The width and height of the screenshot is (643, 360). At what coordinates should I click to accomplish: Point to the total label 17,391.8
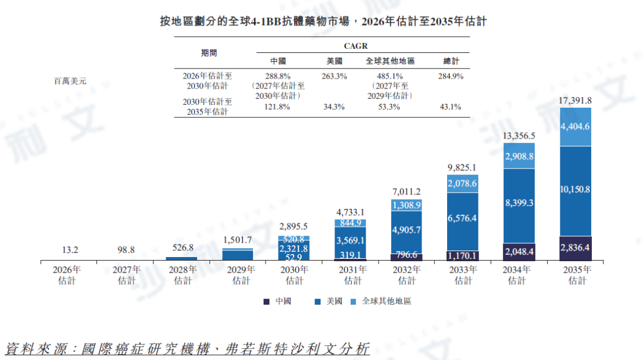click(575, 101)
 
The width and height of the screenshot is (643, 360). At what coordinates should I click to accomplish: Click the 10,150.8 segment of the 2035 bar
click(575, 190)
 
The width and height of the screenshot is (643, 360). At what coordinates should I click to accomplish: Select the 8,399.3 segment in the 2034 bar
click(519, 203)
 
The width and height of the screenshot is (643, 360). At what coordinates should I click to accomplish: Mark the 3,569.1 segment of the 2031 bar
click(351, 240)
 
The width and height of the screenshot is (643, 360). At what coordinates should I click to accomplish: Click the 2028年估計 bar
click(182, 258)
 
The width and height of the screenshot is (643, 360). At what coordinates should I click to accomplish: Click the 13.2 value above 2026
click(70, 249)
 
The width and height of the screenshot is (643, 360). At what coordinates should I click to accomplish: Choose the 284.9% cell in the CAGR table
click(450, 77)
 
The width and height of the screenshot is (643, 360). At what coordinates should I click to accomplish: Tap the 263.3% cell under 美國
click(334, 77)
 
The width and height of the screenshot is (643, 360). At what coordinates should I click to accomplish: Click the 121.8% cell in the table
click(277, 107)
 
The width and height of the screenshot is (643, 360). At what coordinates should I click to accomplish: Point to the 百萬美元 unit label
click(70, 82)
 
